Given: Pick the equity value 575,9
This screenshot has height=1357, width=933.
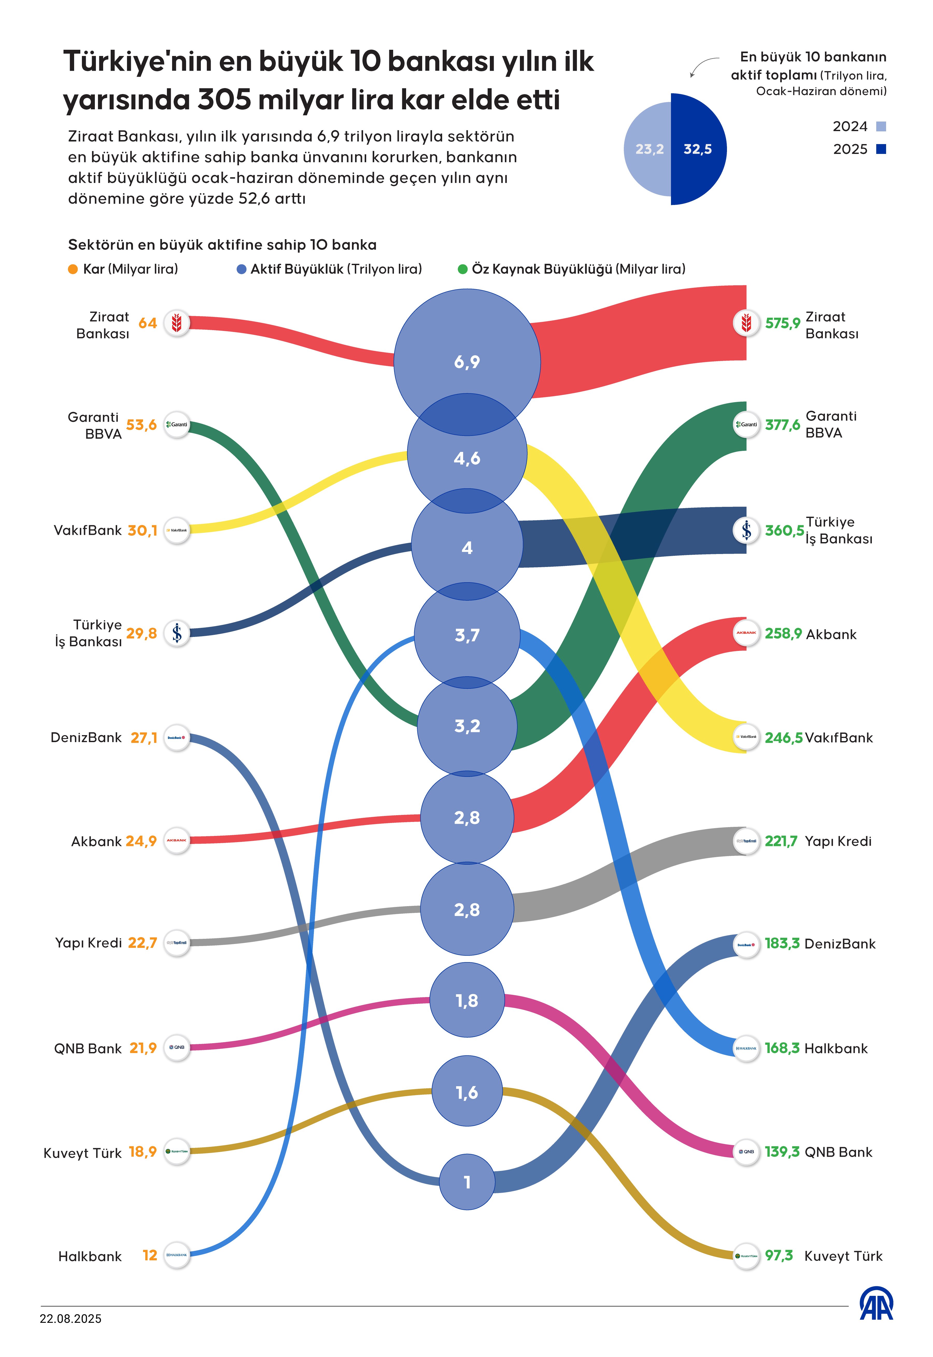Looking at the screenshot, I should tap(782, 323).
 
